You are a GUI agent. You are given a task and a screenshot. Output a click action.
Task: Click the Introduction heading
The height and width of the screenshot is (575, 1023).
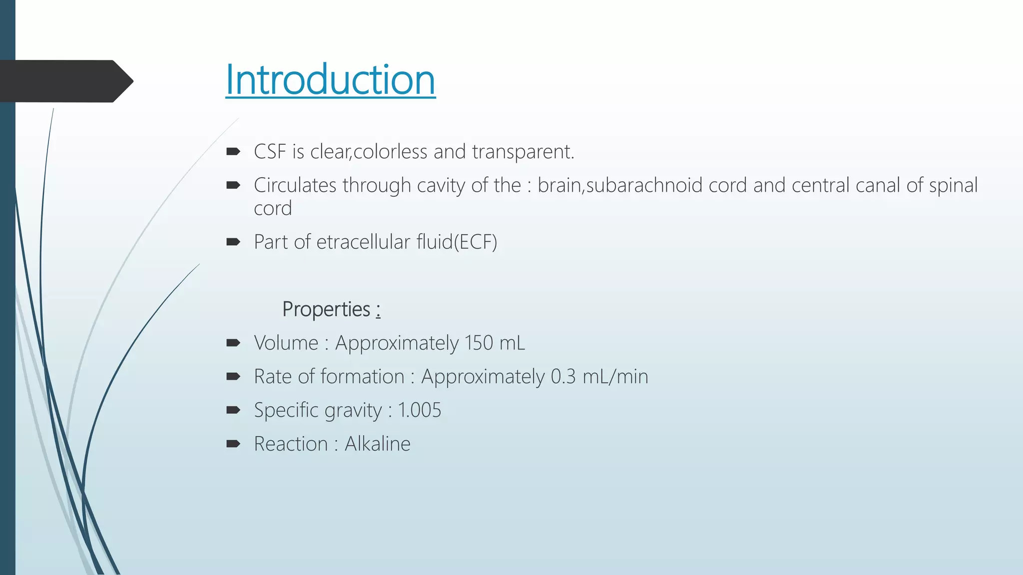(x=330, y=80)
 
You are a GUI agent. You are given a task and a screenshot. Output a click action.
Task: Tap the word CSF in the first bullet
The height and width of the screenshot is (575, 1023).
(x=270, y=152)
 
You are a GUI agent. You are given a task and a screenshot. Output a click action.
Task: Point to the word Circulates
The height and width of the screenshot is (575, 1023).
(x=295, y=185)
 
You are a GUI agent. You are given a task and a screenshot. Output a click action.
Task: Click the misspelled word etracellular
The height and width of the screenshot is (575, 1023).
(x=363, y=242)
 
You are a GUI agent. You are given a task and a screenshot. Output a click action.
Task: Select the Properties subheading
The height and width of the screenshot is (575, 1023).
(x=326, y=309)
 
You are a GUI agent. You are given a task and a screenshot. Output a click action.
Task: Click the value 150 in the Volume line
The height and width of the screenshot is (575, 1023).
(x=479, y=343)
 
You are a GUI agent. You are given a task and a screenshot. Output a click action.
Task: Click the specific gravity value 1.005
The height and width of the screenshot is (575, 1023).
(x=420, y=410)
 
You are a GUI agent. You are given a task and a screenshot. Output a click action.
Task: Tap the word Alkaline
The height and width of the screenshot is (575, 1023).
(x=377, y=444)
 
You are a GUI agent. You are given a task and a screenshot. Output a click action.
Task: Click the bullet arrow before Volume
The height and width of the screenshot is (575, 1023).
(x=233, y=343)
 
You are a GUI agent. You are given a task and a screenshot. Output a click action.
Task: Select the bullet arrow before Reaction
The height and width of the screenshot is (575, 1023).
(x=233, y=444)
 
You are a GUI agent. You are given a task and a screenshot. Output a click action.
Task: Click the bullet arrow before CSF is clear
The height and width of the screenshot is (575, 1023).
(x=233, y=152)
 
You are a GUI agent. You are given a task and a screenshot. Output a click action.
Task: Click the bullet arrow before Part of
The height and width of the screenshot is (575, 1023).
(x=233, y=242)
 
